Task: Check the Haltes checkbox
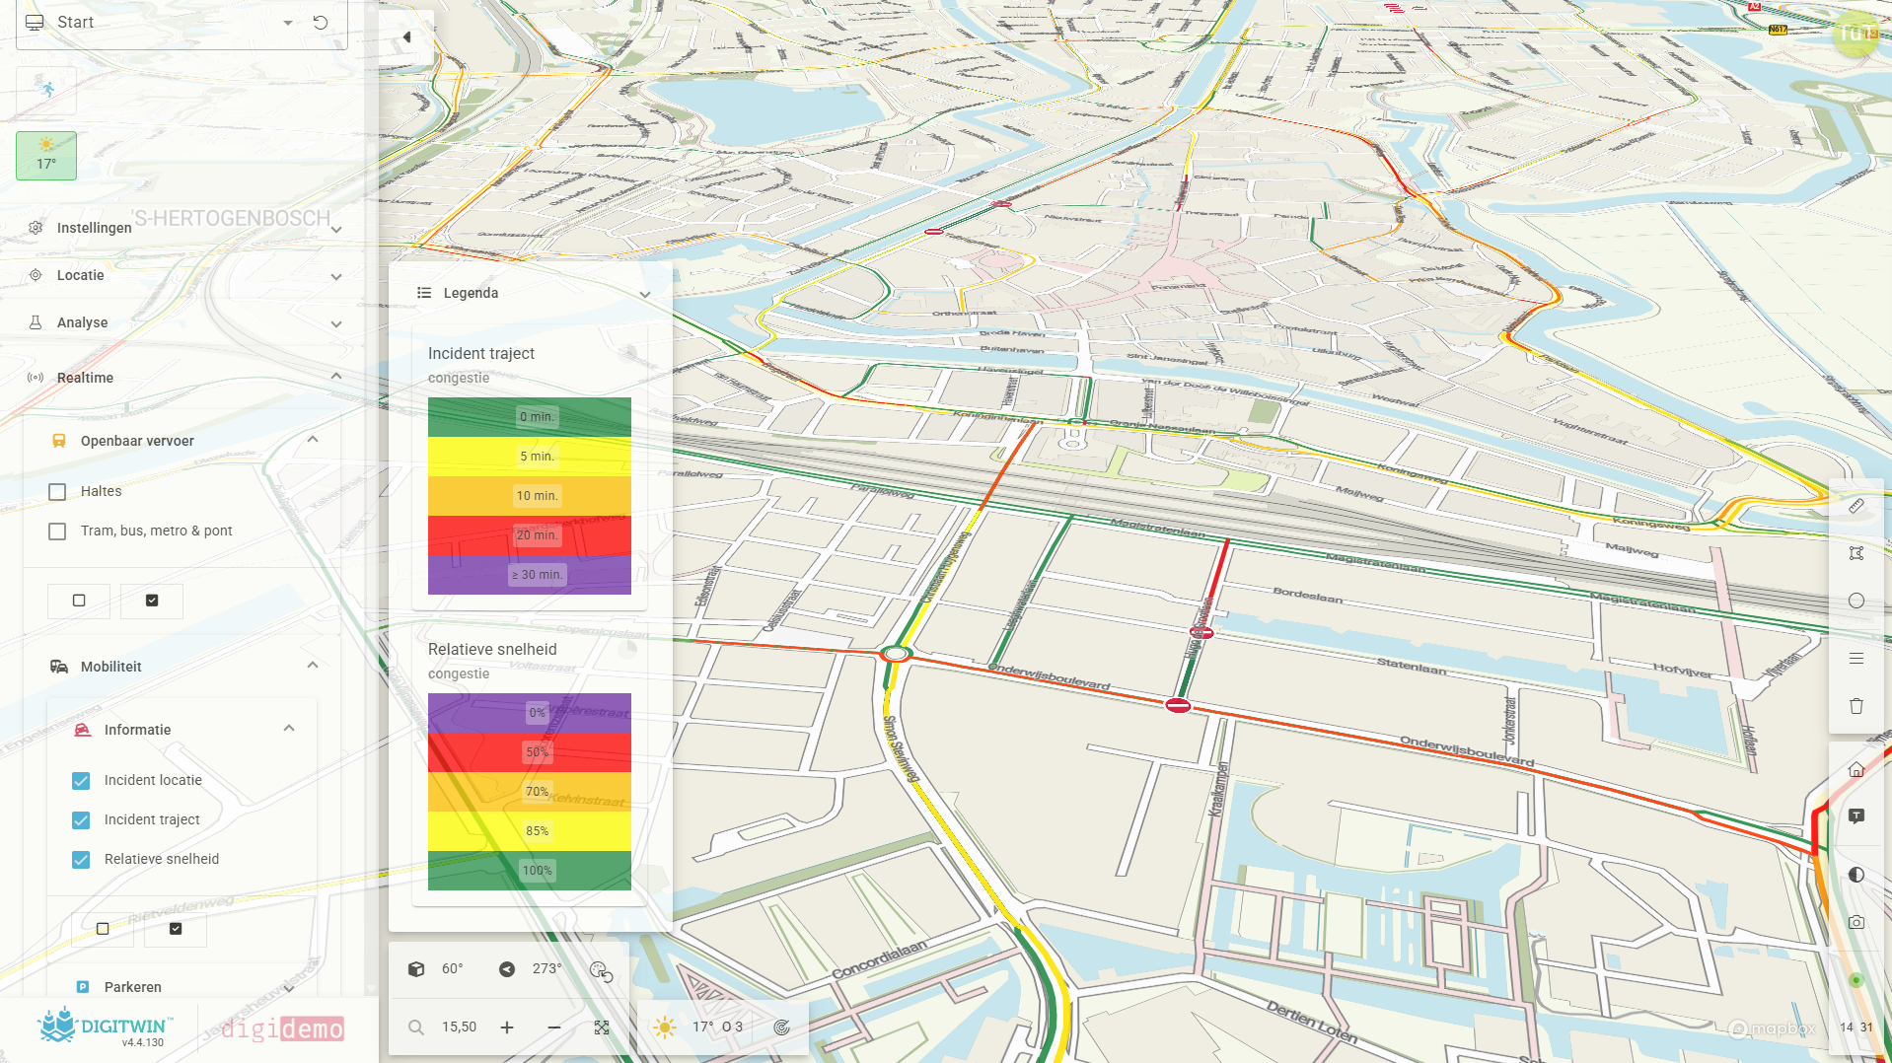coord(58,492)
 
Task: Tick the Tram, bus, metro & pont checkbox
coord(58,531)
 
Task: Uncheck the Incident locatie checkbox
coord(81,781)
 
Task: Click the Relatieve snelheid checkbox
coord(81,860)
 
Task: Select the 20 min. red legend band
coord(529,535)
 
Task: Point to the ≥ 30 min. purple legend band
coord(529,575)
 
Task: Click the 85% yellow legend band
coord(529,831)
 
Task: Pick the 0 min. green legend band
coord(529,417)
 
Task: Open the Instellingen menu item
coord(95,228)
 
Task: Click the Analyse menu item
coord(83,322)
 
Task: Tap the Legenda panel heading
coord(471,293)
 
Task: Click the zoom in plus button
coord(507,1028)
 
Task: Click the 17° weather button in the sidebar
coord(46,156)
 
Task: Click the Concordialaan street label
coord(879,959)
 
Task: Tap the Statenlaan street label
coord(1411,668)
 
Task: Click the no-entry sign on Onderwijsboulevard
coord(1178,705)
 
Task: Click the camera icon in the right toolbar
coord(1856,923)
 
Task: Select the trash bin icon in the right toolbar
coord(1856,706)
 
